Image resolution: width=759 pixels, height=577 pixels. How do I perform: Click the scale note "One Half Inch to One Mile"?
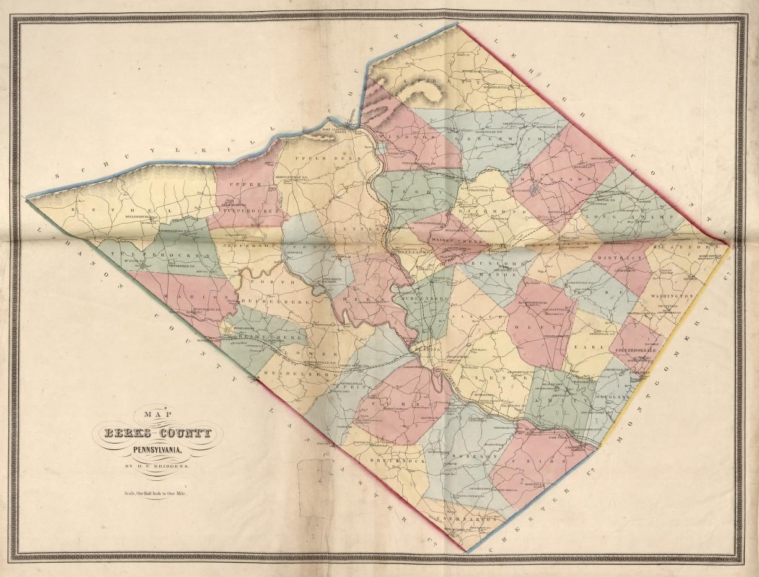pos(155,494)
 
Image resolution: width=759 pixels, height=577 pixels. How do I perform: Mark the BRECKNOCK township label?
pos(388,462)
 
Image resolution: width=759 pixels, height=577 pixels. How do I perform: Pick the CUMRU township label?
pos(397,403)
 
